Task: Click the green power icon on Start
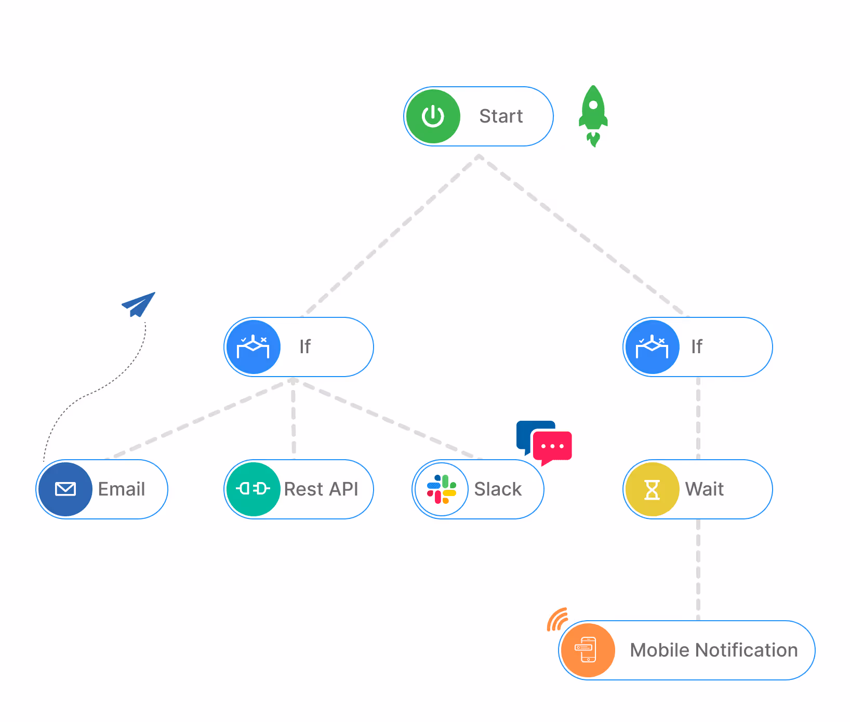[433, 116]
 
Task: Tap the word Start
[501, 116]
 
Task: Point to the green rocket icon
[593, 115]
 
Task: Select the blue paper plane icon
[139, 304]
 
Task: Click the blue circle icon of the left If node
[253, 347]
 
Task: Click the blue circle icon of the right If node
[652, 347]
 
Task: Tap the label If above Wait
[697, 347]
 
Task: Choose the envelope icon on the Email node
[65, 489]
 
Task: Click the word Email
[122, 489]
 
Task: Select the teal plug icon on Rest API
[253, 489]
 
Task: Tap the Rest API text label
[321, 489]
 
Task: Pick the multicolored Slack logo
[442, 489]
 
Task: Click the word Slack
[498, 489]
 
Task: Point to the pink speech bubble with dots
[552, 447]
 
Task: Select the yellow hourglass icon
[652, 489]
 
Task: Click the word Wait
[704, 489]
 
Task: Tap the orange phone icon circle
[588, 650]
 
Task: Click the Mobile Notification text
[713, 650]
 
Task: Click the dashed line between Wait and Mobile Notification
[698, 569]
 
